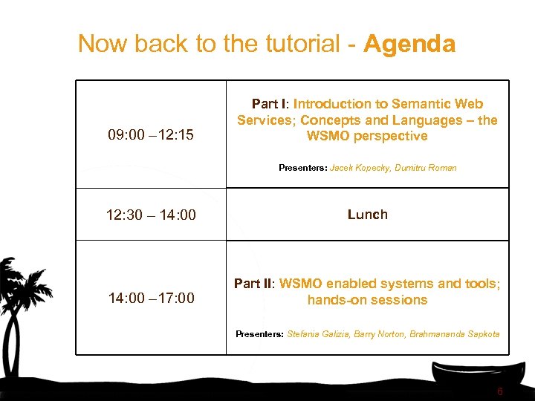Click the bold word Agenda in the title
coord(409,45)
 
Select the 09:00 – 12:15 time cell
coord(151,135)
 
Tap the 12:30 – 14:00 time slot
coord(151,215)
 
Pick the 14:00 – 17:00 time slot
coord(151,299)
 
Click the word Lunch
coord(367,215)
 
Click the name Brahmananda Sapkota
coord(455,334)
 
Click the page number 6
coord(500,391)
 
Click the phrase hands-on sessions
coord(367,300)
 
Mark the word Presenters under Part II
coord(259,334)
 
